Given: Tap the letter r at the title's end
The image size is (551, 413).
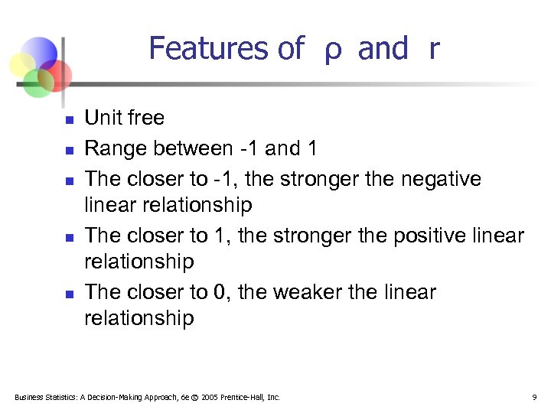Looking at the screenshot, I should click(434, 50).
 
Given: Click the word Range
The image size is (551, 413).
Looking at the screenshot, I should click(114, 148).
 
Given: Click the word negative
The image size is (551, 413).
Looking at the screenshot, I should click(439, 179).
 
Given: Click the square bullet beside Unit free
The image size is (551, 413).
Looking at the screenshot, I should click(68, 119).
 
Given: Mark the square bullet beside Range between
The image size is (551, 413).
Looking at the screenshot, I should click(68, 150).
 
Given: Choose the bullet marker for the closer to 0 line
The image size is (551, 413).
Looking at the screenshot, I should click(68, 294).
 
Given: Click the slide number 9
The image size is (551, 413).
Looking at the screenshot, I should click(533, 397).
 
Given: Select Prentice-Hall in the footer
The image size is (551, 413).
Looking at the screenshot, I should click(244, 397).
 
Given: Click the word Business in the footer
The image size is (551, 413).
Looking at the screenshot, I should click(28, 397).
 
